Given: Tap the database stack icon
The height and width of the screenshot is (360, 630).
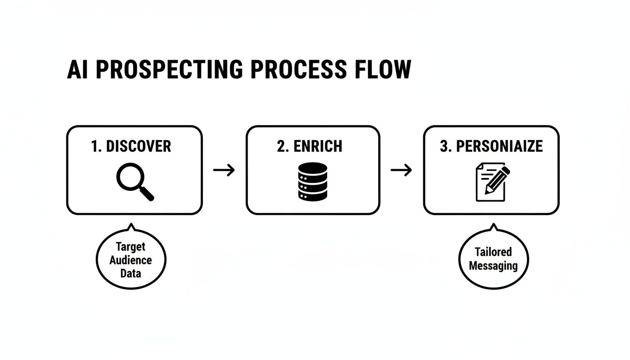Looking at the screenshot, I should [312, 182].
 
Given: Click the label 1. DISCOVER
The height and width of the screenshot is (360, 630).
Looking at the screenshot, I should [131, 146].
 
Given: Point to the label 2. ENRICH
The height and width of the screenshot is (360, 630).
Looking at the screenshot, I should [309, 146].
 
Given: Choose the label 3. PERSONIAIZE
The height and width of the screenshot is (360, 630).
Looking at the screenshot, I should [491, 146].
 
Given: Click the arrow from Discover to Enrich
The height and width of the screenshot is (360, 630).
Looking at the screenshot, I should [224, 170].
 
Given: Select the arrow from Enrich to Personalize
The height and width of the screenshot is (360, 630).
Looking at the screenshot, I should [401, 170].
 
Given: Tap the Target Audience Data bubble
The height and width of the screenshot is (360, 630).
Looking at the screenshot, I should [131, 259].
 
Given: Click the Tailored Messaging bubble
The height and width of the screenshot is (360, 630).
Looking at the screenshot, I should [493, 259].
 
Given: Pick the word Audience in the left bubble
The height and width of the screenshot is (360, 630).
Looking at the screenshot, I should [131, 260].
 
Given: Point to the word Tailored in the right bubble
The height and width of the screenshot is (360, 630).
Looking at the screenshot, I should [493, 252].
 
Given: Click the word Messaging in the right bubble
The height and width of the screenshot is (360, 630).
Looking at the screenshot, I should [493, 266].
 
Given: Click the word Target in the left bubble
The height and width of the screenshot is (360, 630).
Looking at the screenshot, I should [131, 247].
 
